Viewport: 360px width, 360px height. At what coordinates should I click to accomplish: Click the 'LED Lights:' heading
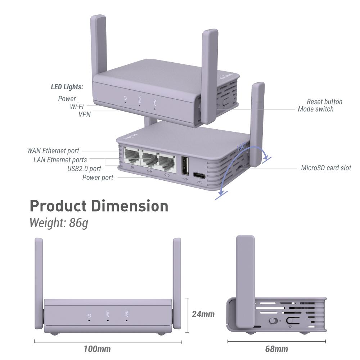[x=67, y=87]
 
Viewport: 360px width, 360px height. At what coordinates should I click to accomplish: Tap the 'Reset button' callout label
[x=324, y=102]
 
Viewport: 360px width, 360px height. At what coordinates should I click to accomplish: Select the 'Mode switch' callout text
[x=315, y=109]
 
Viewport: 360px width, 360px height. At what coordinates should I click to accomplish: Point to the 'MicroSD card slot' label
[x=326, y=168]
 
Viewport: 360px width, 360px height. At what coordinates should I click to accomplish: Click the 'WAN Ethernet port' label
[x=53, y=150]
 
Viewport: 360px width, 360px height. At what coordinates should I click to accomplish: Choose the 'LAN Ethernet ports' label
[x=60, y=159]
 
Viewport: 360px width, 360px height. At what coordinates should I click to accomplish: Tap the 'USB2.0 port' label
[x=84, y=168]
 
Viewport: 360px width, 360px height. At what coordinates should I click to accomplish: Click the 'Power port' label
[x=98, y=177]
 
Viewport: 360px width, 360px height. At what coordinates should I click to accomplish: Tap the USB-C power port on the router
[x=199, y=175]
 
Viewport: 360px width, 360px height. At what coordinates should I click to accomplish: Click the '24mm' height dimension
[x=203, y=314]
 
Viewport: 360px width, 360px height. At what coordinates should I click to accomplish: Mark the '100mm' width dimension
[x=97, y=348]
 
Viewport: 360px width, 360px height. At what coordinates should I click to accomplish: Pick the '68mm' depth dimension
[x=276, y=348]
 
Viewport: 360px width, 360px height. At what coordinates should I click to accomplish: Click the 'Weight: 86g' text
[x=59, y=223]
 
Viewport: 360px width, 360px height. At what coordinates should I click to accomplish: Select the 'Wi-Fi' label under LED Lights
[x=77, y=107]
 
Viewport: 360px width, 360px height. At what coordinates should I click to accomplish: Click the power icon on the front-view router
[x=89, y=316]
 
